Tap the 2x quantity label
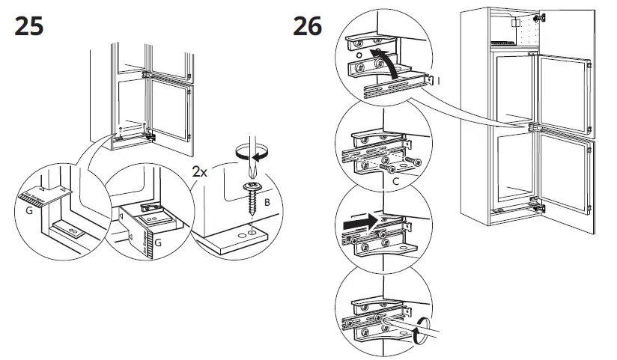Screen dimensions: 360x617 pyautogui.click(x=200, y=171)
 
